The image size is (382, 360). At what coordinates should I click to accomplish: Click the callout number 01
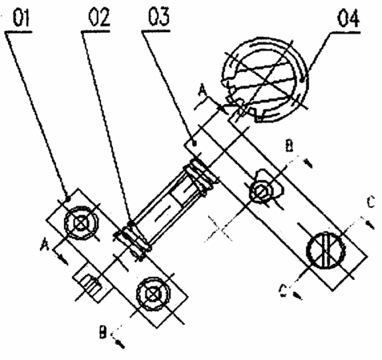[22, 18]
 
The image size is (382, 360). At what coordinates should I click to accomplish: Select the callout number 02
[99, 18]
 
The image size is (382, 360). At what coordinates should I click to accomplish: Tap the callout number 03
[159, 17]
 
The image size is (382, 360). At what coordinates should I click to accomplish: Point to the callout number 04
[348, 18]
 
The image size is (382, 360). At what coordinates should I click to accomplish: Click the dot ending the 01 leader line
[68, 198]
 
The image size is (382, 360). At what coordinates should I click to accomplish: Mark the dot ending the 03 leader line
[195, 144]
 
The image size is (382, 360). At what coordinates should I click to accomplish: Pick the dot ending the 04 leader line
[302, 79]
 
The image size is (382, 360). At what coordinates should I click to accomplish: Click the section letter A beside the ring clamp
[203, 91]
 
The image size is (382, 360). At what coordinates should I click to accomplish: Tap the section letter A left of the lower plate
[45, 245]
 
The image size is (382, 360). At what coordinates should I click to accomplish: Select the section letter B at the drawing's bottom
[103, 332]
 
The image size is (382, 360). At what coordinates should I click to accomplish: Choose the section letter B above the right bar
[289, 146]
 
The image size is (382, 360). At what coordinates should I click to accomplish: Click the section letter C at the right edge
[371, 202]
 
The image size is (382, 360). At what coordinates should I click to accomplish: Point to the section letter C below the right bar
[283, 290]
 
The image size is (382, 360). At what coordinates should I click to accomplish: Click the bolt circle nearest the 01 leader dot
[81, 222]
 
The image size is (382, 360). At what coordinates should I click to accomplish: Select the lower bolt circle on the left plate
[153, 294]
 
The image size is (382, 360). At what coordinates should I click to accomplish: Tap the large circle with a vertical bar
[326, 250]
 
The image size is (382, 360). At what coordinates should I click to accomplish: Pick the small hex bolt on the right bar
[261, 192]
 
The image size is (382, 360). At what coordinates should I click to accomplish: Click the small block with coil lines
[92, 282]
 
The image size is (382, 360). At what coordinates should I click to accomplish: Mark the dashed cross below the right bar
[219, 229]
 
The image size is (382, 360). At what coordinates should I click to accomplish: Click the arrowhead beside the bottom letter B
[120, 344]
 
